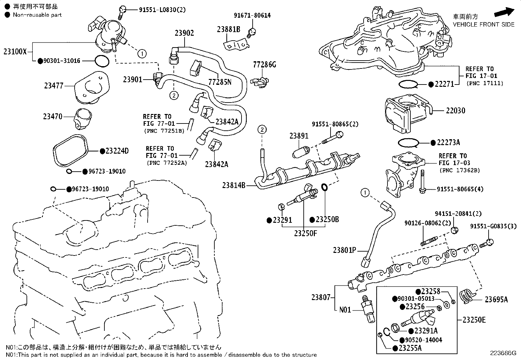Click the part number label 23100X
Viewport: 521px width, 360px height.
point(15,52)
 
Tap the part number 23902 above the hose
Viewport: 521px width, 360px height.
point(184,33)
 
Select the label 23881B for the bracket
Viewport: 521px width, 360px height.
point(228,29)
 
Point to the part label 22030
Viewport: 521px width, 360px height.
point(455,111)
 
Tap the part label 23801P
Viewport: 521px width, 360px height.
point(344,250)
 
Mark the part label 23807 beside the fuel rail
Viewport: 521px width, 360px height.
point(321,297)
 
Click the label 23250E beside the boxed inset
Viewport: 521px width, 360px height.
point(474,320)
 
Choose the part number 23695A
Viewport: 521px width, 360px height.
point(496,299)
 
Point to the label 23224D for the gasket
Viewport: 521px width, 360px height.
point(117,151)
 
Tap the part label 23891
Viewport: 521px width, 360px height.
point(299,136)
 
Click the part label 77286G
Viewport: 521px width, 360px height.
point(264,65)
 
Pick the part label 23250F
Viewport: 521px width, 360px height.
point(305,234)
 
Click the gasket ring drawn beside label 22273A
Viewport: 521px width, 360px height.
point(409,143)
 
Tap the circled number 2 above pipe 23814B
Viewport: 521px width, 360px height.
point(262,130)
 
